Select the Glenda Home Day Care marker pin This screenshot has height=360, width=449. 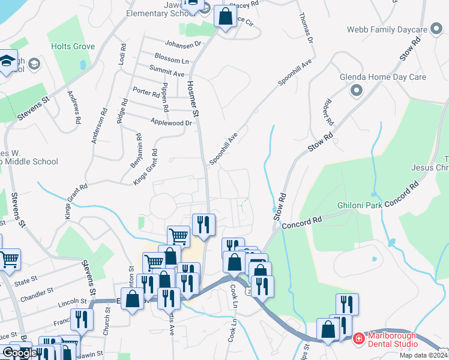(357, 91)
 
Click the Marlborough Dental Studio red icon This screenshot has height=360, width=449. (358, 338)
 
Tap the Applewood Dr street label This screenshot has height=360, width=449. (172, 122)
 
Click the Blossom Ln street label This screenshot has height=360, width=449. (171, 61)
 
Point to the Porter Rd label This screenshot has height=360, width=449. (146, 92)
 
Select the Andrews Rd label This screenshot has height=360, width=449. (74, 107)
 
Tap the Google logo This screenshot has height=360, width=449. (19, 353)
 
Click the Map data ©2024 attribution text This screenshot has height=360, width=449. (423, 355)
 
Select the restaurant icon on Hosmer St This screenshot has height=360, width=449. (203, 225)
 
